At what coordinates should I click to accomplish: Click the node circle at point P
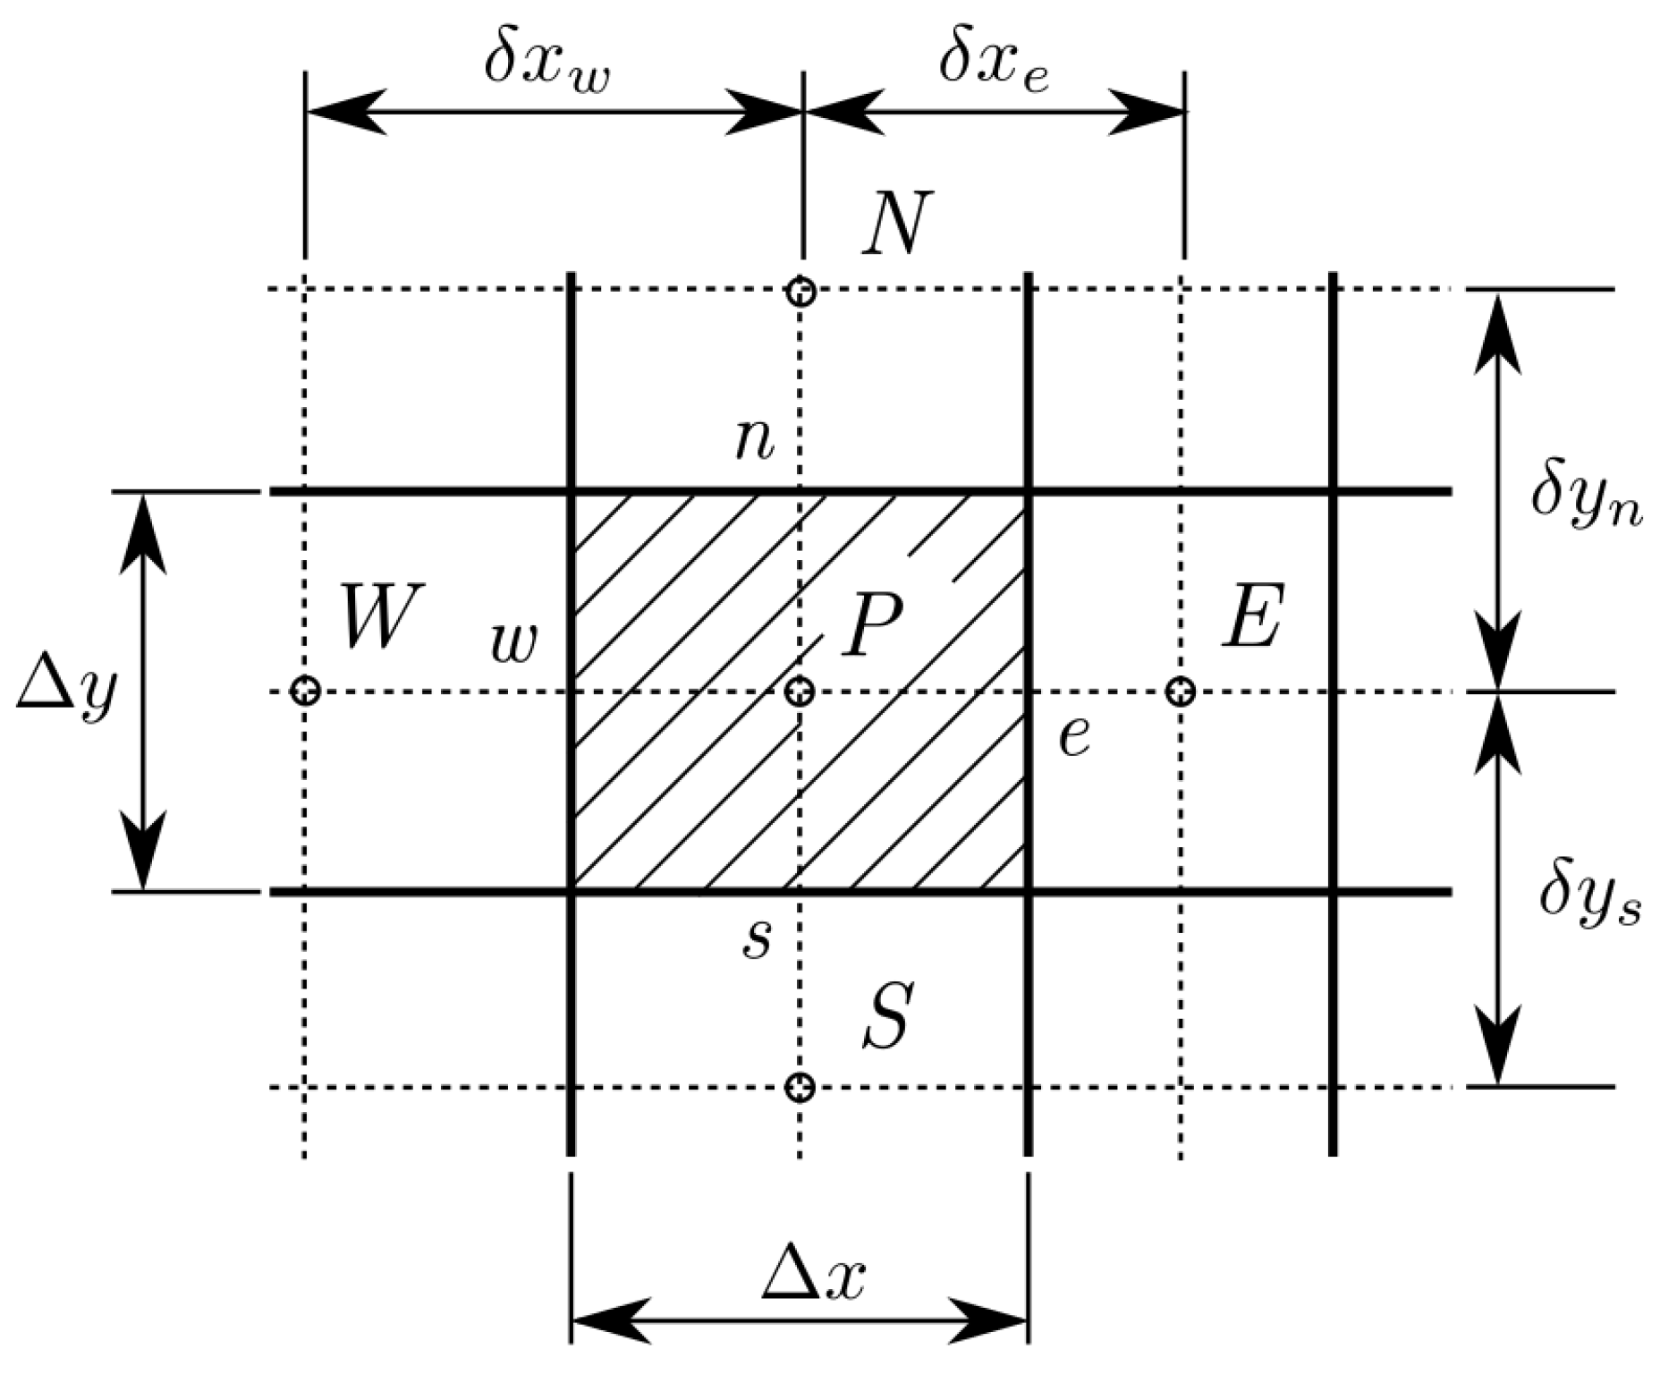(800, 691)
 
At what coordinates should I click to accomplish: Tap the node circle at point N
(800, 292)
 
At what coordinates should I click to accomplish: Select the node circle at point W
(306, 691)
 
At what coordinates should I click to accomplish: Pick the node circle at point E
(1182, 691)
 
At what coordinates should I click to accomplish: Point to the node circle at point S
(800, 1088)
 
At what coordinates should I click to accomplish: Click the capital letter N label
(897, 223)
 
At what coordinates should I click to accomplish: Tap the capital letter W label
(381, 616)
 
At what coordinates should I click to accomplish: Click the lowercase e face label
(1074, 737)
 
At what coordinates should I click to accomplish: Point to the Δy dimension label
(67, 693)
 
